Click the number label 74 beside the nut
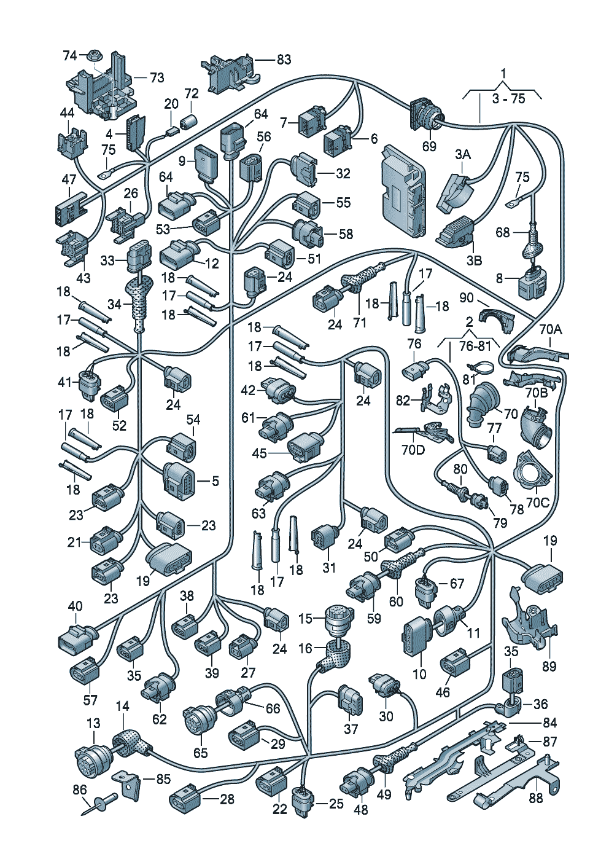(70, 56)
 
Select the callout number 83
(284, 60)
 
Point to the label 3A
(463, 155)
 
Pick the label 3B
(474, 261)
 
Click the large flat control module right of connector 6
(404, 191)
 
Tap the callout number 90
(467, 298)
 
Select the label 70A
(550, 329)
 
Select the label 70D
(413, 450)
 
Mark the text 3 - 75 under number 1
(508, 98)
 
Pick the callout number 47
(69, 180)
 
